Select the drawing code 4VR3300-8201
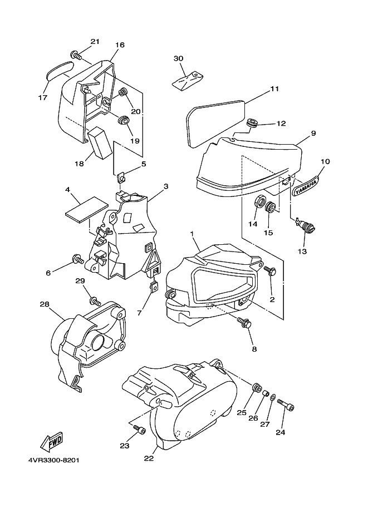tap(53, 460)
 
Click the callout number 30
tap(178, 58)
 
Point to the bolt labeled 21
tap(76, 55)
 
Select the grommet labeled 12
tap(252, 123)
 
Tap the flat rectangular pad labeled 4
tap(86, 209)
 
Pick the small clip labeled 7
tap(155, 286)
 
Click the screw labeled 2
tap(270, 270)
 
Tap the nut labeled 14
tap(261, 201)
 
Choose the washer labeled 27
tap(273, 396)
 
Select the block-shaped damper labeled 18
tap(100, 142)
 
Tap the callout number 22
tap(149, 458)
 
